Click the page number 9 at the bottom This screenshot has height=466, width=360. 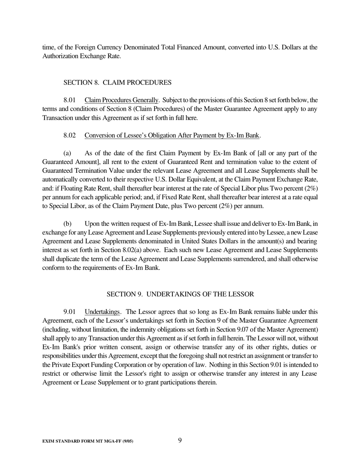click(180, 440)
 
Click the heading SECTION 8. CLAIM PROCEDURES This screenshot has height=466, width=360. click(117, 83)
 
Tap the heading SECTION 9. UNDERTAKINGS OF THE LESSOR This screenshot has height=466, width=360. click(180, 294)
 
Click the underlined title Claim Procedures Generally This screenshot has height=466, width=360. click(121, 100)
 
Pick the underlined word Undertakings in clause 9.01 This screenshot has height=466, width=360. click(102, 312)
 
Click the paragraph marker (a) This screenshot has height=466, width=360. click(67, 153)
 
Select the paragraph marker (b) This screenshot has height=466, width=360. click(67, 224)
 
